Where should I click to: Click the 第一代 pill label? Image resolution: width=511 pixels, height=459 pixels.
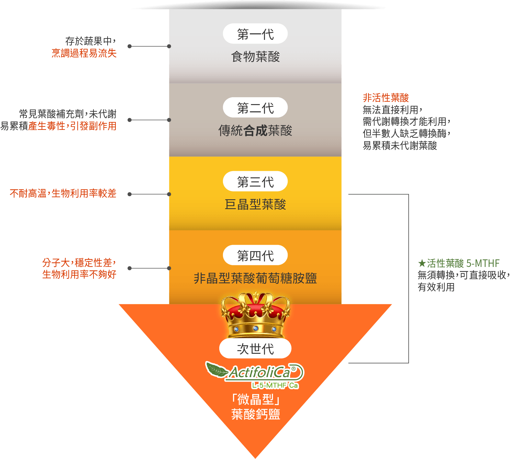tap(255, 34)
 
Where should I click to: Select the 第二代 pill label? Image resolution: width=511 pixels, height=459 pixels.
tap(255, 108)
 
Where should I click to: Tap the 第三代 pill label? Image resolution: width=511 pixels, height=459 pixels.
tap(255, 182)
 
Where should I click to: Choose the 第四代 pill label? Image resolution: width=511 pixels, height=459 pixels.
tap(255, 256)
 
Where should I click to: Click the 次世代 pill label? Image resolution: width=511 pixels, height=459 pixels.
tap(255, 349)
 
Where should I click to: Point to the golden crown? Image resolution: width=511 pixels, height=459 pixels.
tap(255, 314)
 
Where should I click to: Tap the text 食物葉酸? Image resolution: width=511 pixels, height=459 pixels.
tap(255, 57)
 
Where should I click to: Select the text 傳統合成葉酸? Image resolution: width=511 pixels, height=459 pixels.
tap(255, 131)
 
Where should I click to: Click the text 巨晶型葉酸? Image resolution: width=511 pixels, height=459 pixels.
tap(255, 204)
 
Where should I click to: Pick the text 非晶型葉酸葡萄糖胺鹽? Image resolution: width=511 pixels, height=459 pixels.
tap(255, 278)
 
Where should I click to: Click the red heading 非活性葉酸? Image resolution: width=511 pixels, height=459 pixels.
tap(386, 98)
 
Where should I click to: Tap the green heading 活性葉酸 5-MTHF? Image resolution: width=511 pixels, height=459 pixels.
tap(459, 264)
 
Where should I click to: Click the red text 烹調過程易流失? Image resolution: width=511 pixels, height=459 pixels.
tap(84, 53)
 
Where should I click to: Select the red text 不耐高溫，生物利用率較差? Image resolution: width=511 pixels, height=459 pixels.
tap(63, 194)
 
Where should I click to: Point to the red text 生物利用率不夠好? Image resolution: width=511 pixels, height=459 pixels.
tap(79, 275)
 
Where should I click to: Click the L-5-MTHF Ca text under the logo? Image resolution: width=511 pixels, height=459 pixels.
tap(275, 385)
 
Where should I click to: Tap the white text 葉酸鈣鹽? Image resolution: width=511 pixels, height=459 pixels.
tap(255, 414)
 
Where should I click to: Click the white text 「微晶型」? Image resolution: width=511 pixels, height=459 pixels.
tap(255, 400)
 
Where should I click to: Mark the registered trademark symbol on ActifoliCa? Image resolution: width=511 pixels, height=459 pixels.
tap(293, 369)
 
